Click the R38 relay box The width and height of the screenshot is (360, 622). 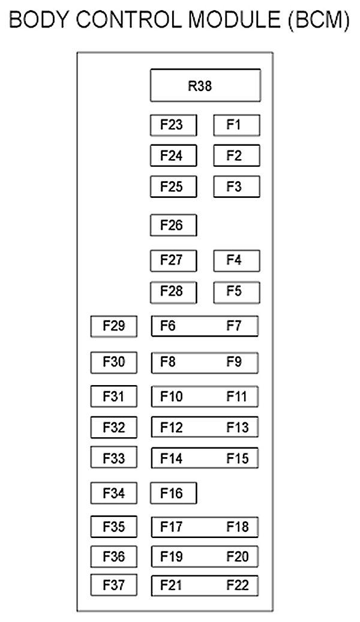(205, 86)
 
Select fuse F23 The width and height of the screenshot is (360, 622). (173, 125)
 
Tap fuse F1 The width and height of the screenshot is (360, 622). (236, 125)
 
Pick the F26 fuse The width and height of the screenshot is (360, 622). (173, 226)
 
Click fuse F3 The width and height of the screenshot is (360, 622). (236, 187)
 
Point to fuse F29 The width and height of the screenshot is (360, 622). (114, 326)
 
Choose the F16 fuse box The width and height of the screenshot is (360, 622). (173, 494)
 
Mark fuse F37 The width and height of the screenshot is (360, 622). (114, 584)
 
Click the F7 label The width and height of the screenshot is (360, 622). (234, 326)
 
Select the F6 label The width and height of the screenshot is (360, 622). (168, 326)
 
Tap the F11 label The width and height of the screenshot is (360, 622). (236, 396)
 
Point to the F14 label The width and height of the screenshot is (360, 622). (171, 459)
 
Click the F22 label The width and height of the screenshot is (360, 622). (237, 585)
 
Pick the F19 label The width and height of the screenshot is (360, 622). (171, 557)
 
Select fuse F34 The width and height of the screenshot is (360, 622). (114, 494)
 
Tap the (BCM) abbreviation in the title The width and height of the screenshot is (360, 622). (318, 22)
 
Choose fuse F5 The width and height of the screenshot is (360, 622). (236, 292)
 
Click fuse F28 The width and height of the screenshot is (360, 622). (173, 292)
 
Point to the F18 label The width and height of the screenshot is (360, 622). (237, 527)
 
